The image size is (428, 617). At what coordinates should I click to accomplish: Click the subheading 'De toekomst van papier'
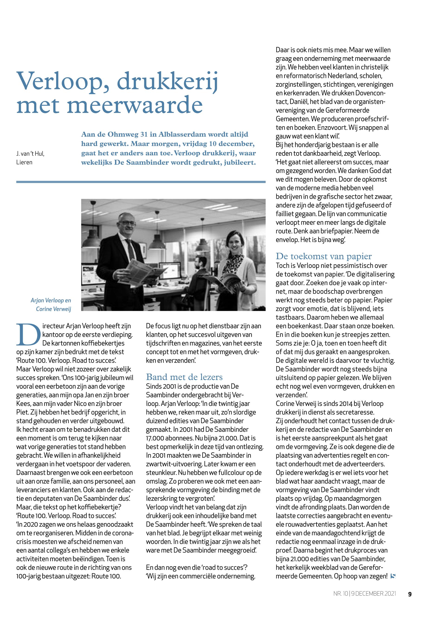click(x=324, y=256)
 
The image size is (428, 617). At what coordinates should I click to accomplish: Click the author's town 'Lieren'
click(x=24, y=162)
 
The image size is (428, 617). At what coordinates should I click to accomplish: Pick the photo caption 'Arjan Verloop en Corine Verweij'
click(x=51, y=305)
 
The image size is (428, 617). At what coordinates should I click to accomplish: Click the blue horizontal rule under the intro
click(x=141, y=182)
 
